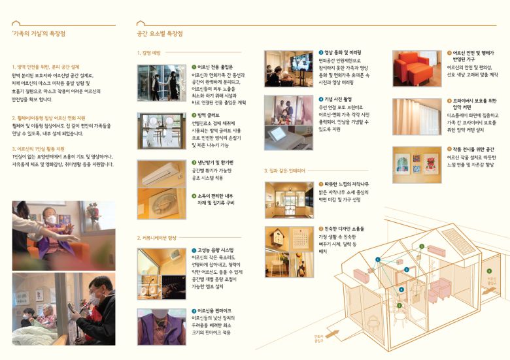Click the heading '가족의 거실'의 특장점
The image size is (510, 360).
tap(39, 33)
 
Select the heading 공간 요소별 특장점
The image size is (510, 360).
tap(160, 33)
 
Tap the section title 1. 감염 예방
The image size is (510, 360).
tap(150, 53)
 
